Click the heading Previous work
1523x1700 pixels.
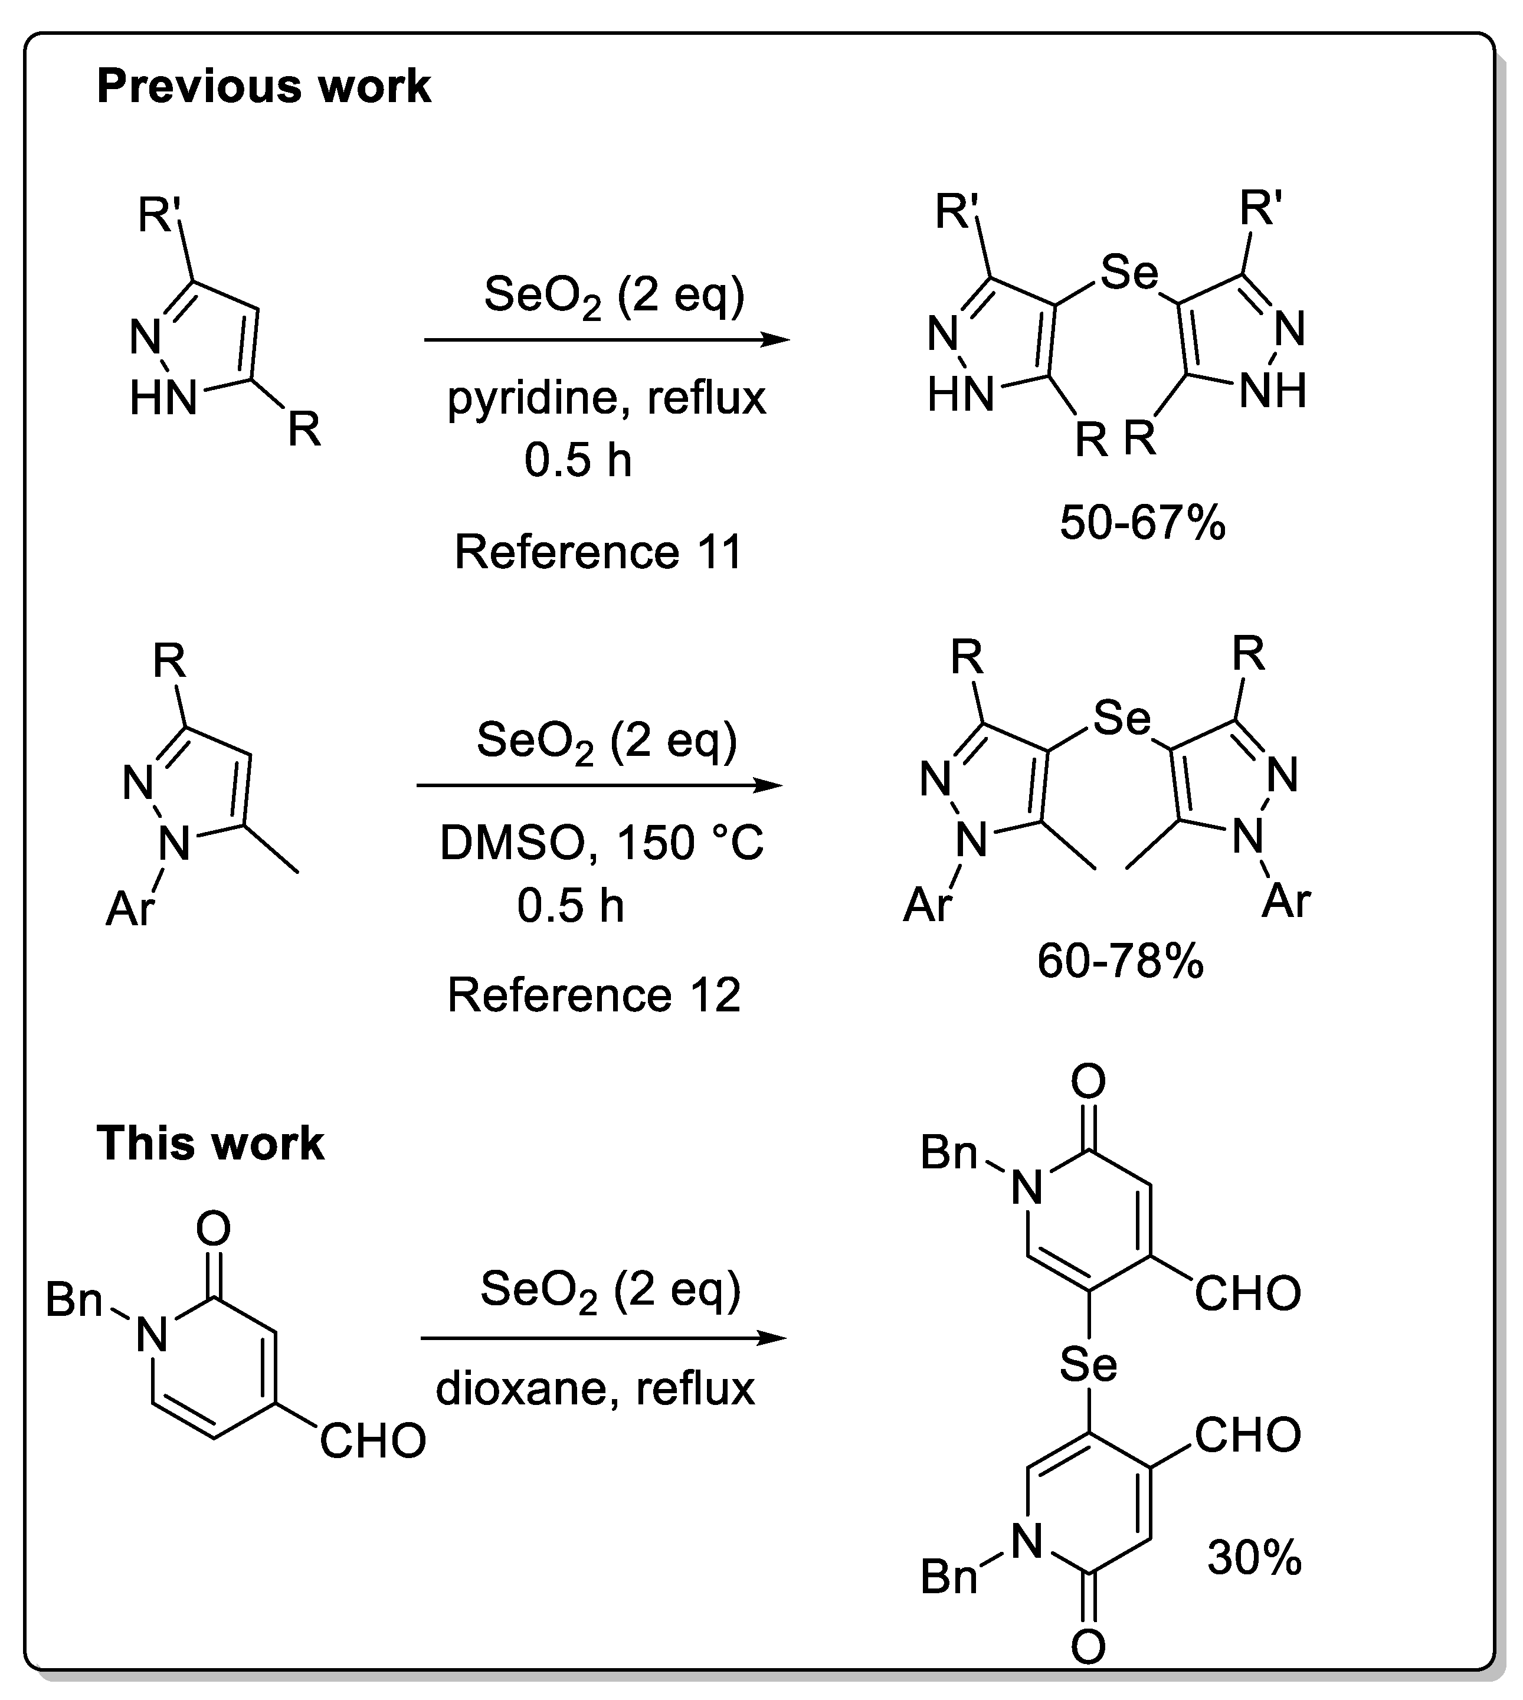click(x=264, y=86)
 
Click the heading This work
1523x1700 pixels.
click(x=210, y=1143)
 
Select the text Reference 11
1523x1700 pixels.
click(x=598, y=552)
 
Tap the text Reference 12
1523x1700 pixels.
click(x=594, y=995)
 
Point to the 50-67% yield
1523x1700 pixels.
click(x=1142, y=524)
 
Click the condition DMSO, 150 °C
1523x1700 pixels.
click(x=601, y=843)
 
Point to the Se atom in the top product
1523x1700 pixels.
click(x=1129, y=273)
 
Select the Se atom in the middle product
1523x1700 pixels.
click(x=1121, y=718)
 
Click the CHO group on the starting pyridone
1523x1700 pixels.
click(x=373, y=1442)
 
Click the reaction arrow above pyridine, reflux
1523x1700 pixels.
click(x=606, y=340)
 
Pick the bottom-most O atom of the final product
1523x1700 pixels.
click(x=1088, y=1648)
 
